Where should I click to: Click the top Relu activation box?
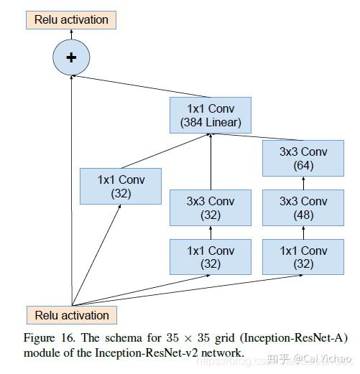(x=71, y=19)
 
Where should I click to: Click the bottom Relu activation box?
(x=71, y=315)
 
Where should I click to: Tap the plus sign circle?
(x=71, y=58)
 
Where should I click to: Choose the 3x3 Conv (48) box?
(x=303, y=208)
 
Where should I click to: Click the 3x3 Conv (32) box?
(x=211, y=208)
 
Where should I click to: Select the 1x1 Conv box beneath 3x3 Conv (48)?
(x=303, y=257)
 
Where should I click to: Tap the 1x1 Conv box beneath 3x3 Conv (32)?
(x=211, y=257)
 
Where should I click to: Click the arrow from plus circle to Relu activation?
(x=71, y=34)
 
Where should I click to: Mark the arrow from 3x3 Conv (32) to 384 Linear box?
(x=211, y=162)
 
